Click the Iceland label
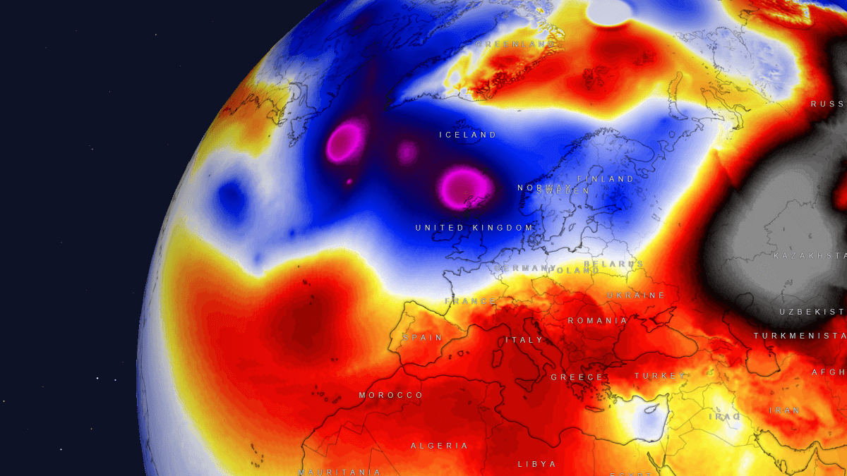coord(468,135)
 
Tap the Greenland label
coord(516,44)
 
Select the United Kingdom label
coord(474,228)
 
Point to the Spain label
coord(423,338)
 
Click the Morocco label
coord(391,396)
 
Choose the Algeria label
coord(440,446)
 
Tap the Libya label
coord(536,464)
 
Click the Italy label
coord(524,340)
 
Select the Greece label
coord(577,377)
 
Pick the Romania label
coord(597,321)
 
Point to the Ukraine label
coord(636,295)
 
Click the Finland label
coord(606,179)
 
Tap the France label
coord(471,301)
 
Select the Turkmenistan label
coord(800,336)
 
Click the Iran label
coord(784,410)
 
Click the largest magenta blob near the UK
coord(466,187)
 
